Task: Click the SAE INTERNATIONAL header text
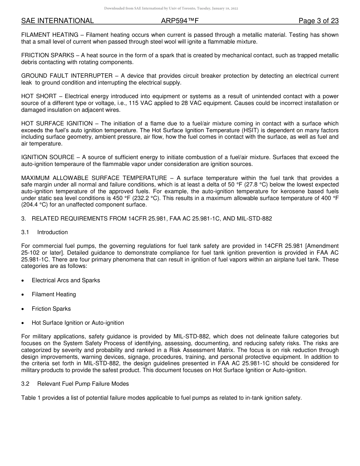tap(57, 21)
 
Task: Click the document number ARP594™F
tap(180, 21)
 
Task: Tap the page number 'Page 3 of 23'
tap(318, 21)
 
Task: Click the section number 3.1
tap(25, 232)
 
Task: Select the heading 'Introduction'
tap(52, 232)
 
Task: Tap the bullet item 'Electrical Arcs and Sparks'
tap(66, 280)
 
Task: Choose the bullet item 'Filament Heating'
tap(54, 294)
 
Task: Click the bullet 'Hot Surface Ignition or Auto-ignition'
tap(78, 323)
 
